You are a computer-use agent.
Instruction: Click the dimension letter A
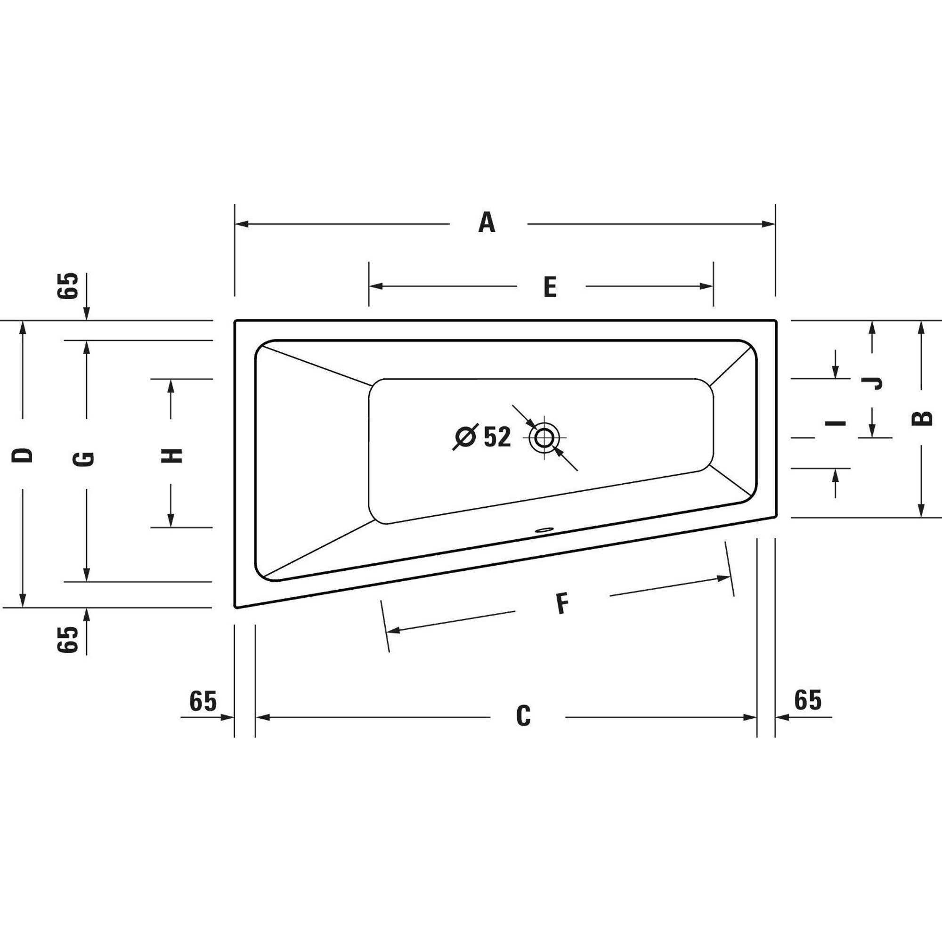(487, 222)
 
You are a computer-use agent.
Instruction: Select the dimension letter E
(550, 287)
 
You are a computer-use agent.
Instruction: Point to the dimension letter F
(562, 603)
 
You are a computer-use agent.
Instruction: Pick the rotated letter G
(83, 459)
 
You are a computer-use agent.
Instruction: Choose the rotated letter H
(171, 456)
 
